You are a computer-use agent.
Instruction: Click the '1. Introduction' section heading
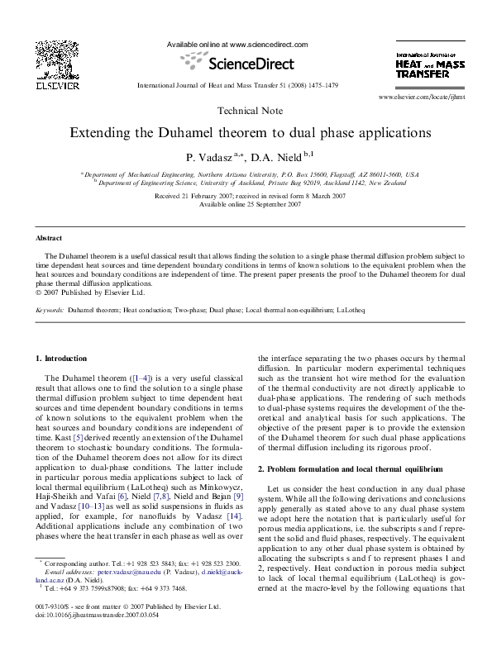point(63,359)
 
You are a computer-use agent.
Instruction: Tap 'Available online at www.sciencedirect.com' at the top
point(237,44)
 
